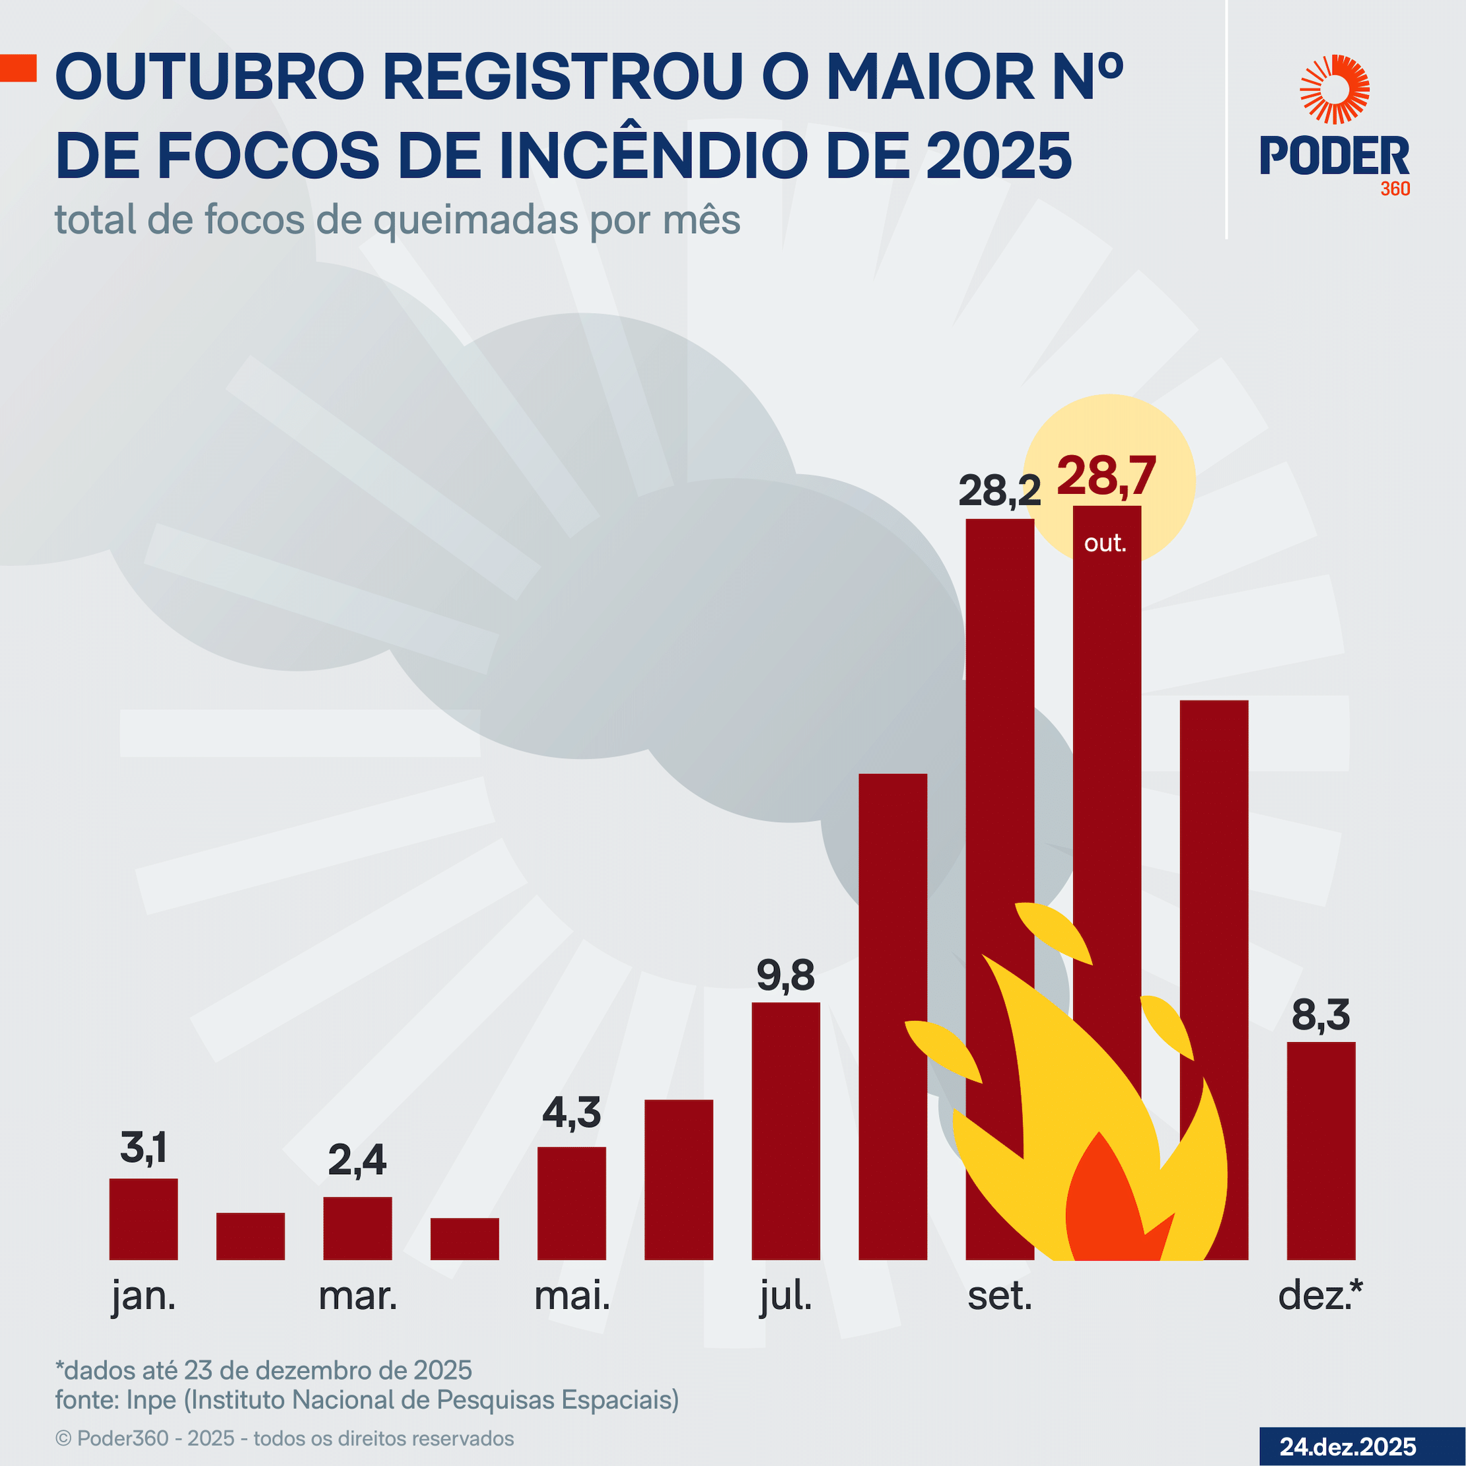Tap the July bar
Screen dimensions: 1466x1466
[785, 1131]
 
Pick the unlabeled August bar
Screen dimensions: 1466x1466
[892, 987]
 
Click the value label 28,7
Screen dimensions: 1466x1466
[1105, 477]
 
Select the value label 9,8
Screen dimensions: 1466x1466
[785, 975]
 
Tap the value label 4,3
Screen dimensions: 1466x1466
[571, 1113]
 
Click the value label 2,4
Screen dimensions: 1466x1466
[357, 1160]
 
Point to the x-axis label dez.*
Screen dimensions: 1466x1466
[1319, 1294]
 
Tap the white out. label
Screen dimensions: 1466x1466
[1105, 543]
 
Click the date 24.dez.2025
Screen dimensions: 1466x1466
[1348, 1446]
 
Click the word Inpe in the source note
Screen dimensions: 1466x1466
[151, 1399]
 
